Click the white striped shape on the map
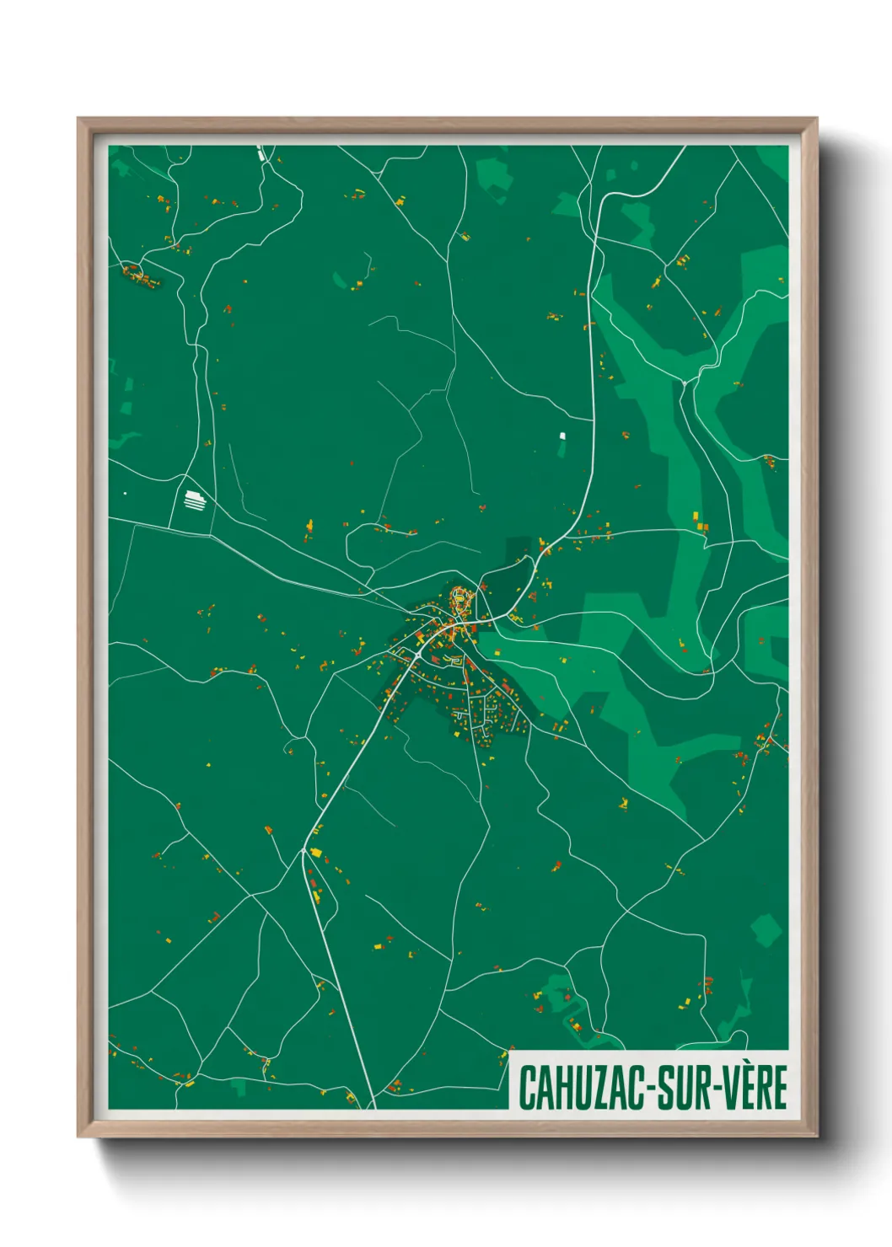[195, 500]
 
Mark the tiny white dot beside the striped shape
[126, 493]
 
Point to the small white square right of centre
[562, 436]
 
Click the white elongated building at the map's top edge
[261, 153]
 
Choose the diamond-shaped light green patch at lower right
[766, 930]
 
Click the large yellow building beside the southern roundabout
[316, 853]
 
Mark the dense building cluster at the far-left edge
[140, 276]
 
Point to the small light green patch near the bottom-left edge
[242, 1088]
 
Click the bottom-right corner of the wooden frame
[816, 1137]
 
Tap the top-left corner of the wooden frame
[78, 119]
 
